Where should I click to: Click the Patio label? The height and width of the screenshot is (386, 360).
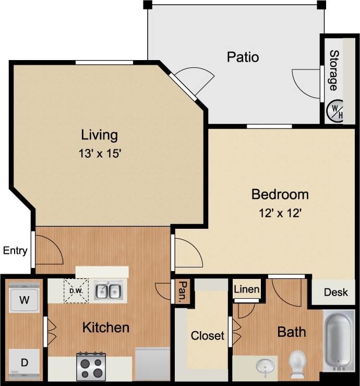[243, 56]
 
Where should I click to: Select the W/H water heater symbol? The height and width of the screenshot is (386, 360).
[334, 110]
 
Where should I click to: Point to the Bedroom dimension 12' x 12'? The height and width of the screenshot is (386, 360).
[280, 213]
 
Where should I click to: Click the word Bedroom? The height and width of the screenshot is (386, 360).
[280, 195]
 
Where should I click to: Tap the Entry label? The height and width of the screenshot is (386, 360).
[15, 250]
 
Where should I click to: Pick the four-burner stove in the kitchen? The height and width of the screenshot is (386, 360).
[91, 366]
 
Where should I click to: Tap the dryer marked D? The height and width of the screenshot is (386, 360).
[25, 362]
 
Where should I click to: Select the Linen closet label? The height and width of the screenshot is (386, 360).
[247, 289]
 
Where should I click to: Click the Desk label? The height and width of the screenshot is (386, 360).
[335, 292]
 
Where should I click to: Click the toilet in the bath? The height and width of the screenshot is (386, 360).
[298, 363]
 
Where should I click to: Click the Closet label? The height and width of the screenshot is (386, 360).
[207, 335]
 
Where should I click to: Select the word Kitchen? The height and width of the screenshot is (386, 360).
[106, 327]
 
